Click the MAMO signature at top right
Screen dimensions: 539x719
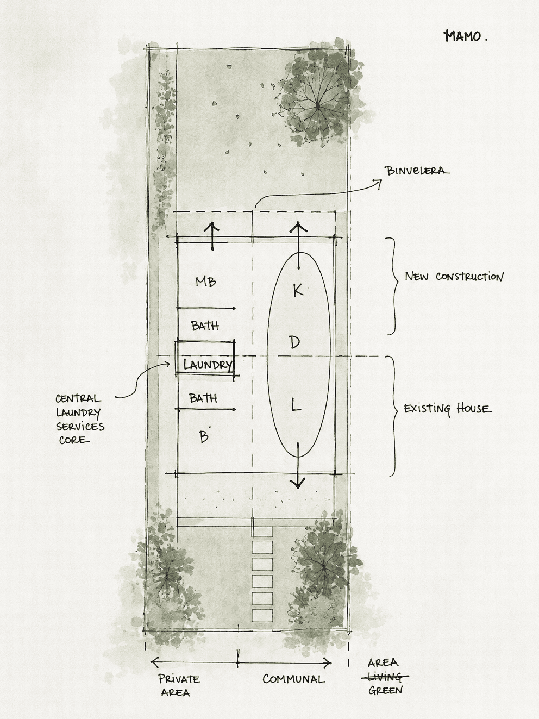coord(465,36)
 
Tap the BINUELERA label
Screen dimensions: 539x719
coord(417,171)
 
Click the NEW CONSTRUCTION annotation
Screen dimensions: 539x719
coord(454,277)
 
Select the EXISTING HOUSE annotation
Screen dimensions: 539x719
coord(448,409)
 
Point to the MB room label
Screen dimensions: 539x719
coord(205,282)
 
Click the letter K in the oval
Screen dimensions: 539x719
coord(298,290)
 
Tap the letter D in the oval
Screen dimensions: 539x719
coord(294,342)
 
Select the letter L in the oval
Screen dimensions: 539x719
coord(296,407)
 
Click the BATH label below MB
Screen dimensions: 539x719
coord(205,326)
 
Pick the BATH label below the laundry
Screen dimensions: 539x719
coord(203,398)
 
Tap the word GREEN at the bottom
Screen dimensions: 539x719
coord(385,691)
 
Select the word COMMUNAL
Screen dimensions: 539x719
coord(294,679)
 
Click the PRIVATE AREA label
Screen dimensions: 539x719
coord(179,685)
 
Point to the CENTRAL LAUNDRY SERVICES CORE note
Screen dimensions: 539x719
coord(79,419)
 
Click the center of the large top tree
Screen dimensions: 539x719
coord(318,106)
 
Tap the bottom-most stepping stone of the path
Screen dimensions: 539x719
coord(262,615)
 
